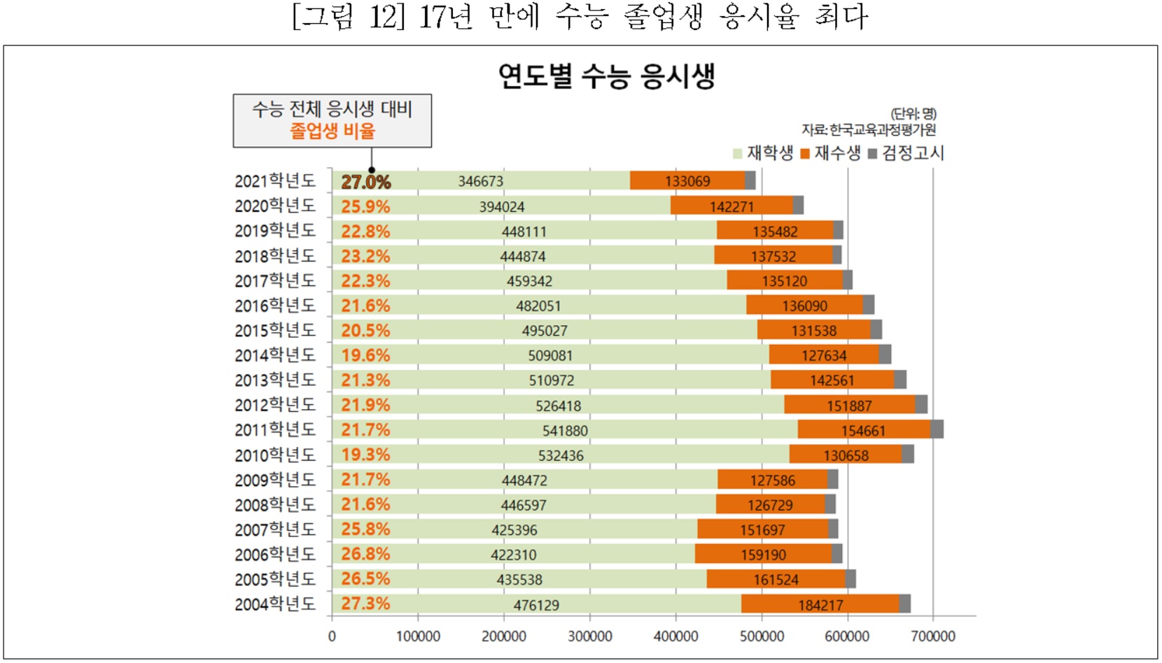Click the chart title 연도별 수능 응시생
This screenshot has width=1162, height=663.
click(x=606, y=76)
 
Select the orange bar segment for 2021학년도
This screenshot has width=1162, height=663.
click(x=687, y=181)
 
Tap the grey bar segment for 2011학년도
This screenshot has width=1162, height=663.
click(x=937, y=430)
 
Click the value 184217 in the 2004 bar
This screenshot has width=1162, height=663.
click(x=820, y=605)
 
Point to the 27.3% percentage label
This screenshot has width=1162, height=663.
click(x=365, y=604)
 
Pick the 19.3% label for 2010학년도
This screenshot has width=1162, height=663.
click(x=365, y=455)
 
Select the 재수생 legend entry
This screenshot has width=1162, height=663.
click(x=831, y=153)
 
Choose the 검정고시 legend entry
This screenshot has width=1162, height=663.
click(x=906, y=153)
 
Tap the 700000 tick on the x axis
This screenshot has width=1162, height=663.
click(x=933, y=636)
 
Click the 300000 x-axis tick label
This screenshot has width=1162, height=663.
click(x=589, y=636)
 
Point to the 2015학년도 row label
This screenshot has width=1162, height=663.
click(x=275, y=330)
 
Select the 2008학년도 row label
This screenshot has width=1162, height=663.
click(x=275, y=504)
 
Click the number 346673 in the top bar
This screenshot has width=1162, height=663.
click(x=480, y=182)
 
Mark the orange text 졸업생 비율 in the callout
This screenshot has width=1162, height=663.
click(x=332, y=131)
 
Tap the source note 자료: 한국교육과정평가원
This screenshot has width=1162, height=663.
click(x=869, y=129)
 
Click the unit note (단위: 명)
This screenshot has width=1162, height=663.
click(x=913, y=113)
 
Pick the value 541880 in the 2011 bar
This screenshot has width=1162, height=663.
click(x=565, y=431)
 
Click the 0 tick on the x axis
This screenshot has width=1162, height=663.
click(x=332, y=636)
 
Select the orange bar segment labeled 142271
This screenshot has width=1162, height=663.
click(x=731, y=206)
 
